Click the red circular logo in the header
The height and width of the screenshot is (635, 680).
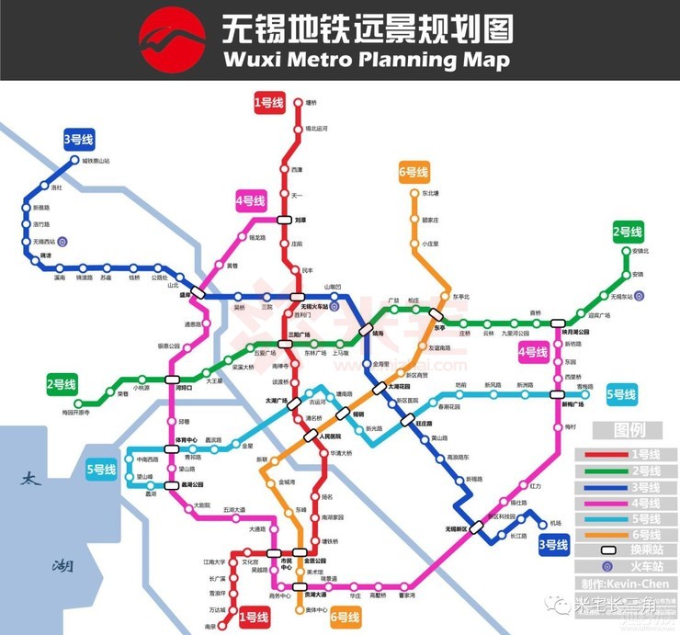click(172, 40)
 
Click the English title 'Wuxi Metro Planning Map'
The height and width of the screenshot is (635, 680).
click(366, 60)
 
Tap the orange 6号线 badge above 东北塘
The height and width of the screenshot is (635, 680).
click(414, 172)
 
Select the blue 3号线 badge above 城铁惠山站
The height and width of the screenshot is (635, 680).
click(78, 140)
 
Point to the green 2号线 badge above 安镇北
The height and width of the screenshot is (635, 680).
click(628, 232)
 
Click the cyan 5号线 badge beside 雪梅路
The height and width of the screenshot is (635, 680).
click(622, 395)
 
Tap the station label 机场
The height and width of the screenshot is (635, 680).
click(555, 524)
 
